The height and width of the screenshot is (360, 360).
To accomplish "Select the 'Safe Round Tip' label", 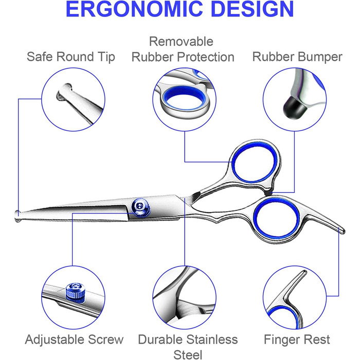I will coord(71,57).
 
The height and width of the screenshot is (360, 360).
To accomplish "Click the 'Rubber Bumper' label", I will coord(297,57).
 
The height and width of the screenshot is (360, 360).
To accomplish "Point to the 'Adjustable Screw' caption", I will coord(74,340).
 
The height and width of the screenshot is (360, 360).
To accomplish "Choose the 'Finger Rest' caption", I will coord(297,340).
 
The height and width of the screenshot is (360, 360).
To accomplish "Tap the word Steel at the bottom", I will coord(188,354).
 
